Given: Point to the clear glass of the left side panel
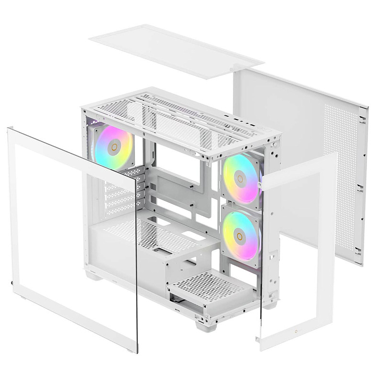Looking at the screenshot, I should (x=72, y=225).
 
